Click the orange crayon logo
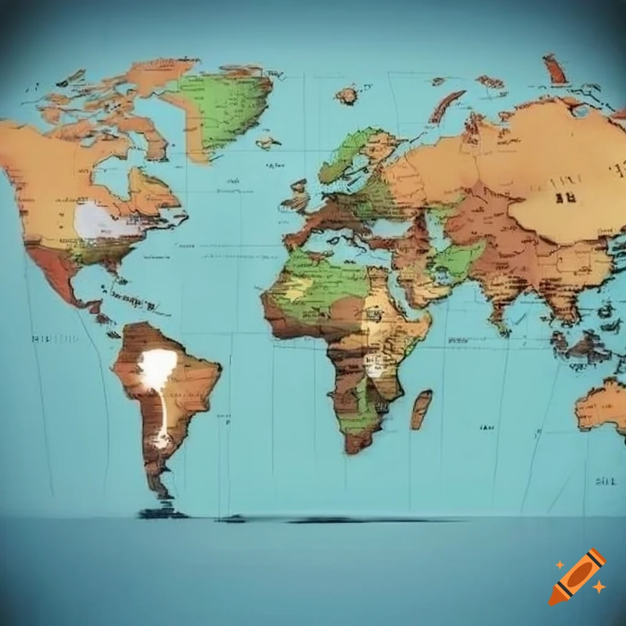[577, 576]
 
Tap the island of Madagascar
[421, 409]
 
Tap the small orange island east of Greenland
[347, 95]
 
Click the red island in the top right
[555, 70]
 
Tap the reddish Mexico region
[55, 269]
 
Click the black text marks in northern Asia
[565, 197]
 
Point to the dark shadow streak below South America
[342, 520]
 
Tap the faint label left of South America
[55, 338]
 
